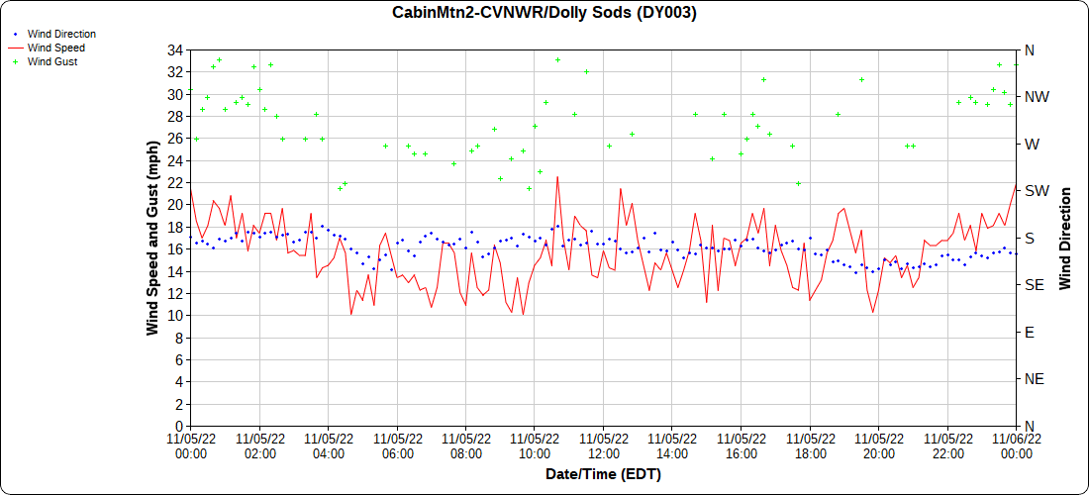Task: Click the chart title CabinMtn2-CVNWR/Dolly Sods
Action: pos(544,13)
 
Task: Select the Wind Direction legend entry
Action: pos(61,34)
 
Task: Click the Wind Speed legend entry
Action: pos(55,48)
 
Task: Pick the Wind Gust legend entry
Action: pos(52,61)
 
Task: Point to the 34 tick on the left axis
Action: pos(176,49)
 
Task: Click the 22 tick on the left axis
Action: pos(176,182)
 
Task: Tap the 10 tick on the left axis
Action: pos(176,315)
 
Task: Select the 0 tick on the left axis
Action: pos(179,426)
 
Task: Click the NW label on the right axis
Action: pos(1037,97)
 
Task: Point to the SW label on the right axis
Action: pos(1037,190)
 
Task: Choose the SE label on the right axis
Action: pos(1035,284)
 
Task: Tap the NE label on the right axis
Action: pos(1035,378)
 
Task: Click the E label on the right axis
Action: pos(1030,332)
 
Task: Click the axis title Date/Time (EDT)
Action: pos(603,474)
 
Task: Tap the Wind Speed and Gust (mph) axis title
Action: pos(153,238)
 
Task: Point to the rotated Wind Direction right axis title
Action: pos(1065,238)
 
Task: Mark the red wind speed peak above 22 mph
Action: pos(557,177)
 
